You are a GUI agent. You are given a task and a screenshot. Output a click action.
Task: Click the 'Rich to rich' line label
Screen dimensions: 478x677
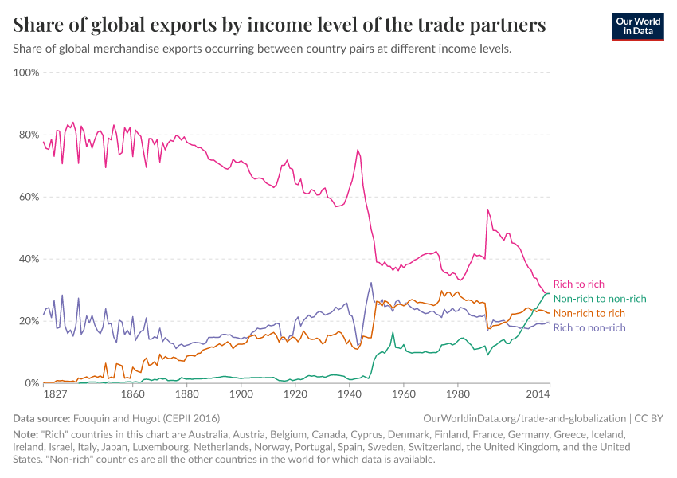pos(578,284)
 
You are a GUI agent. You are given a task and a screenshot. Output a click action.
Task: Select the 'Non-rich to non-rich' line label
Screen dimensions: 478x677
pos(599,298)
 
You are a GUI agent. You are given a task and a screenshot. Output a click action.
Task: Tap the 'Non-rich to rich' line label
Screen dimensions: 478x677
pos(589,313)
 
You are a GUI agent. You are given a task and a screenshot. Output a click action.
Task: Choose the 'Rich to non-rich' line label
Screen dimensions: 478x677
pos(589,327)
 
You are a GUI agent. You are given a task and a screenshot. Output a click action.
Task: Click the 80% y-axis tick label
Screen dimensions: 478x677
pos(29,135)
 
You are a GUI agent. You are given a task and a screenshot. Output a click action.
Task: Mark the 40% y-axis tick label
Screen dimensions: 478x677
pos(29,259)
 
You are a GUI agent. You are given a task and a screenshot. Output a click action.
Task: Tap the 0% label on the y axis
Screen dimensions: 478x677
pos(32,383)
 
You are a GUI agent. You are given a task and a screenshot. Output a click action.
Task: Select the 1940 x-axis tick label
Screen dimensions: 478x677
pos(349,394)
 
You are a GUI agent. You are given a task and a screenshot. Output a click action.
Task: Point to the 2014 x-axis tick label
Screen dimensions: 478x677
pos(538,394)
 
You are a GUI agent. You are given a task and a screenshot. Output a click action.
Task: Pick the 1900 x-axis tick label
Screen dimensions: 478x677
pos(241,394)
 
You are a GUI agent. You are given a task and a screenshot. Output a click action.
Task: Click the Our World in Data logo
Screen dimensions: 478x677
pos(637,26)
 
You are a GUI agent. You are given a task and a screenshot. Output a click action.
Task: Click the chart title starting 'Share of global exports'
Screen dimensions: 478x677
pos(280,25)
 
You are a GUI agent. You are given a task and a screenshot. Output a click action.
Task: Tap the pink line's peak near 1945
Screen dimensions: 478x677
pos(358,150)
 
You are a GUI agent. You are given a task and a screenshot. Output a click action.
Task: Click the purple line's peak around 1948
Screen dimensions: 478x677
pos(370,283)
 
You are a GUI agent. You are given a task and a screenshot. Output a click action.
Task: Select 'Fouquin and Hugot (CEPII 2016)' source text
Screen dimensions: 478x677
pos(146,418)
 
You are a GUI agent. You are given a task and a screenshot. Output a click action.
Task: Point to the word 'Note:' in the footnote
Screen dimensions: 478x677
pos(27,435)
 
